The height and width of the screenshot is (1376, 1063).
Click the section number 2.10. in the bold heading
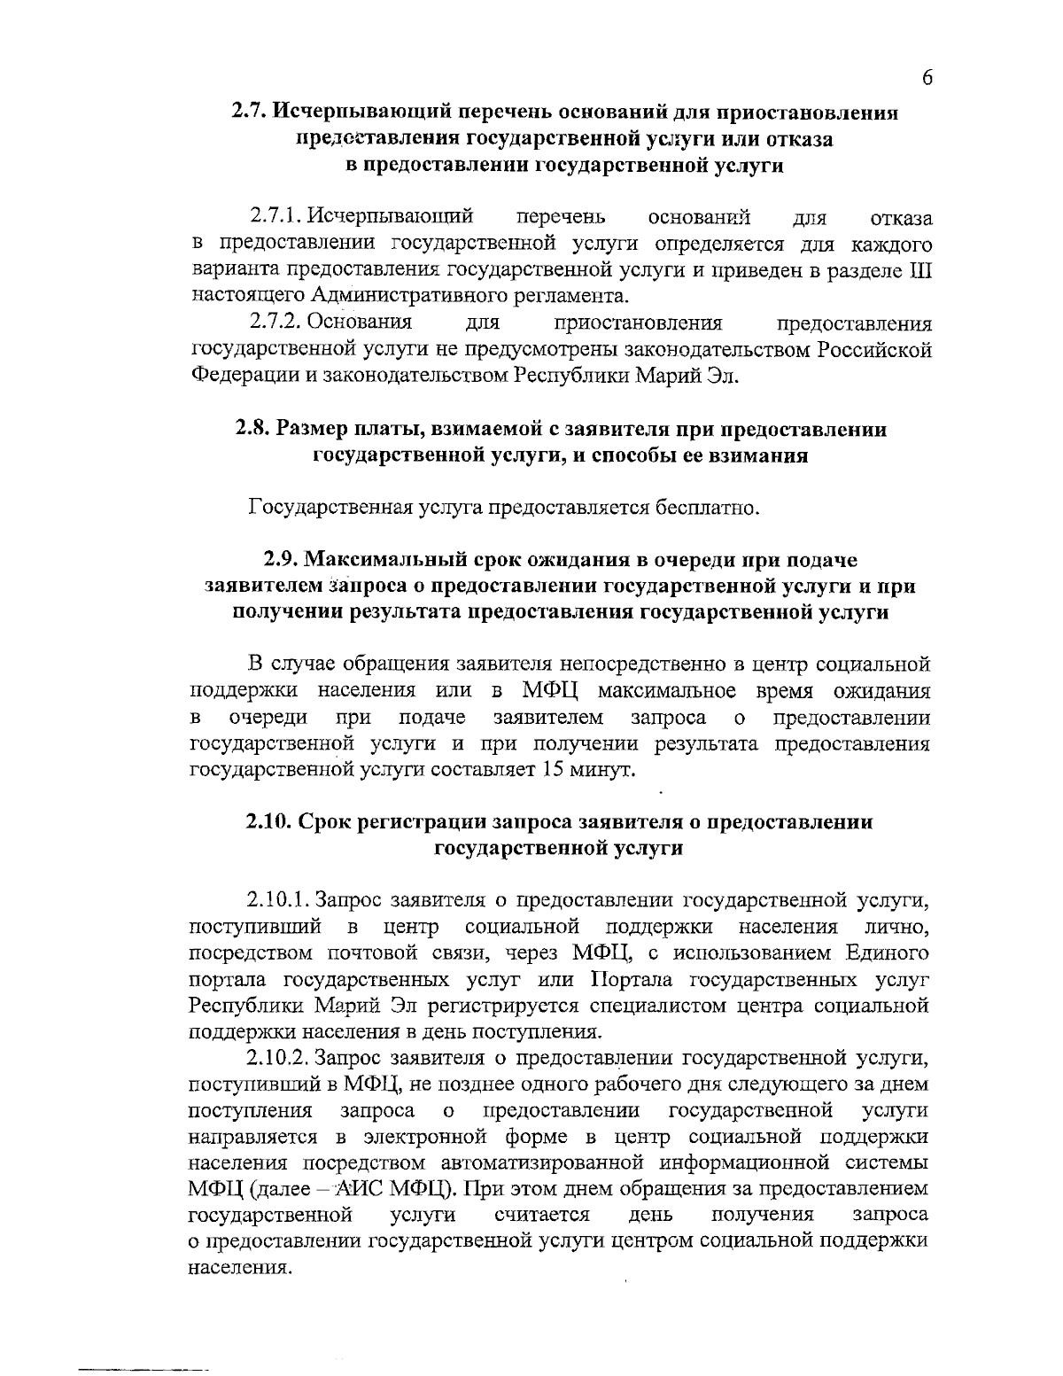269,821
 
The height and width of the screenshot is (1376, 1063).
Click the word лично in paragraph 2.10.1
896,928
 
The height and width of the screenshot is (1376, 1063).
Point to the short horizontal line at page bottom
143,1346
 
